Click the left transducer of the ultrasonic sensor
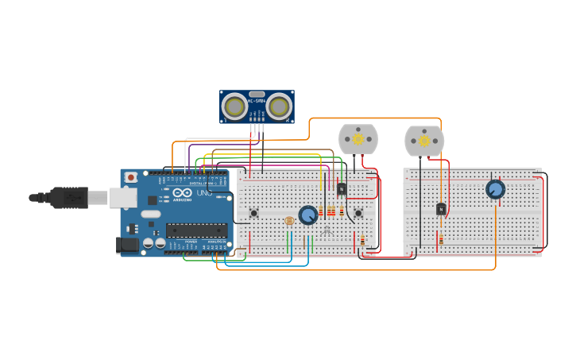click(x=234, y=106)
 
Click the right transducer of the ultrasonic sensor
click(x=279, y=106)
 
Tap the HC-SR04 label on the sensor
click(x=257, y=101)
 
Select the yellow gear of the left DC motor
click(x=358, y=139)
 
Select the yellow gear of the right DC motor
click(x=424, y=141)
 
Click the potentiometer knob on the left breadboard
click(x=308, y=214)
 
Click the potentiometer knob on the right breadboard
click(x=495, y=189)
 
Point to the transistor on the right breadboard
click(x=441, y=209)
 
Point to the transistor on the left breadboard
click(x=342, y=189)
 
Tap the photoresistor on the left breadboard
click(x=289, y=220)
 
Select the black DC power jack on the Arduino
click(x=127, y=245)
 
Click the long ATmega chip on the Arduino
click(x=196, y=230)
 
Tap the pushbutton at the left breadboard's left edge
click(x=254, y=213)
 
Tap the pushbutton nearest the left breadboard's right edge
click(x=358, y=213)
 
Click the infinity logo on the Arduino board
click(x=182, y=193)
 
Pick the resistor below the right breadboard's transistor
click(x=441, y=238)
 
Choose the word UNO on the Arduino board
click(x=203, y=193)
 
